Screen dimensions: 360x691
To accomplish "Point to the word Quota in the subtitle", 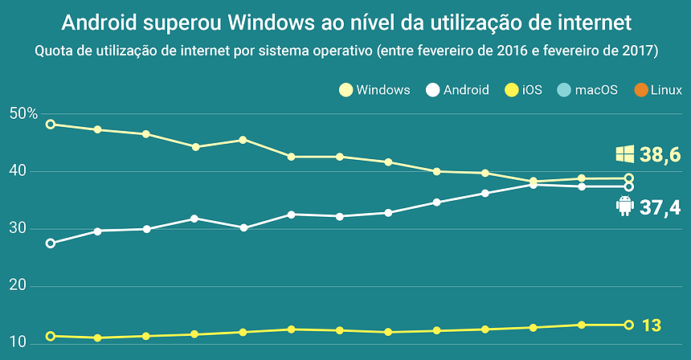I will pos(55,51).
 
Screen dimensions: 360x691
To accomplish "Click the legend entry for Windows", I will pos(375,90).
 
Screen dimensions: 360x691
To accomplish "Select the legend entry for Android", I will pos(458,90).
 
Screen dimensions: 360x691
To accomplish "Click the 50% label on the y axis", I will pos(24,114).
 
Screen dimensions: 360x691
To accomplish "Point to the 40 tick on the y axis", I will pos(18,171).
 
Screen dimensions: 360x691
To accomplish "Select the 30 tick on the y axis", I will pos(18,229).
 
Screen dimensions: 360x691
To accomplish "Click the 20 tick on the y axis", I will pos(18,286).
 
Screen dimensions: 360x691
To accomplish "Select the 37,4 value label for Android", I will pos(661,209).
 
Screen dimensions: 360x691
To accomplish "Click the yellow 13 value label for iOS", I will pos(651,325).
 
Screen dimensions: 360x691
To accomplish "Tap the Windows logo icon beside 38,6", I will pos(625,154).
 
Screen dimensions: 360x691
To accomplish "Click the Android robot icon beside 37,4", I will pos(624,207).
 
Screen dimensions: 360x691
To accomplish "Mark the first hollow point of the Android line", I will pos(51,243).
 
